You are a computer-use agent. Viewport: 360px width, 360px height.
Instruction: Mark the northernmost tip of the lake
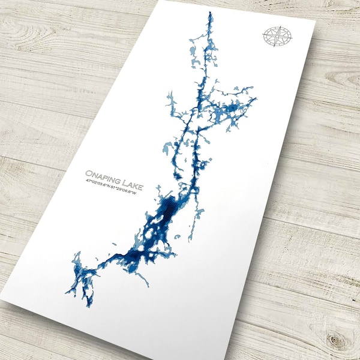point(210,12)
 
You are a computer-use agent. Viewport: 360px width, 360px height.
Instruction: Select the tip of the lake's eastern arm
point(256,98)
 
